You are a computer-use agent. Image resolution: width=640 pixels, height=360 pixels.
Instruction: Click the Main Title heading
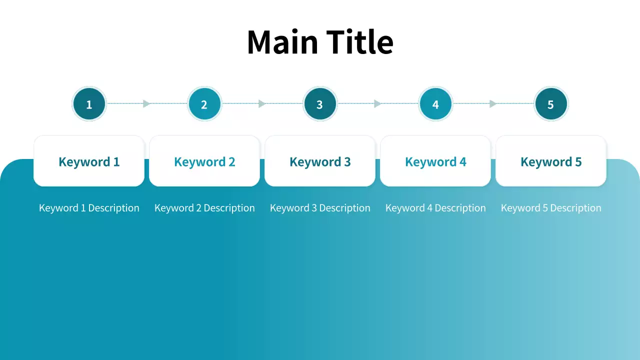[320, 41]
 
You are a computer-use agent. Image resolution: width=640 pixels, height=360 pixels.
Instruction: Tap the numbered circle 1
[89, 104]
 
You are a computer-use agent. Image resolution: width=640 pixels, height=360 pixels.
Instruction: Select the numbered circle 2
[204, 104]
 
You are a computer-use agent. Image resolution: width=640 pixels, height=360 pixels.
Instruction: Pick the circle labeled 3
[320, 104]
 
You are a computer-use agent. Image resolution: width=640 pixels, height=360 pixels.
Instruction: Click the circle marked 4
[435, 104]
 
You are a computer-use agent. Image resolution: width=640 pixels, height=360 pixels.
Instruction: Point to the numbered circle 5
[551, 104]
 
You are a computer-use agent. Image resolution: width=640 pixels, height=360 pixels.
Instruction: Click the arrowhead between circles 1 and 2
[146, 104]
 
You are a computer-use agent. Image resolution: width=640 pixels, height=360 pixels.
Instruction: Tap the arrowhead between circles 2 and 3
[262, 104]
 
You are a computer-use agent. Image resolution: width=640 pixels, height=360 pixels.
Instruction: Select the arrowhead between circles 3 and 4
[377, 104]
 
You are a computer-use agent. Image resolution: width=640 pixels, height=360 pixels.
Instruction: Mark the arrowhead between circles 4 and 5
[493, 104]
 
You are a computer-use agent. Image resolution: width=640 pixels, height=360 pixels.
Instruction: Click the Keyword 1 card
[89, 161]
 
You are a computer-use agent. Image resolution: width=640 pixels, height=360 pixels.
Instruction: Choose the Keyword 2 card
[204, 161]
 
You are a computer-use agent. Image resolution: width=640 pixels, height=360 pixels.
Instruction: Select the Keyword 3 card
[320, 161]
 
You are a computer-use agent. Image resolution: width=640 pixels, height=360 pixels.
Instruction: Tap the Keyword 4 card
[435, 161]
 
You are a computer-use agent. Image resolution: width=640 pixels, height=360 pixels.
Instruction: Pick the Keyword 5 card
[551, 161]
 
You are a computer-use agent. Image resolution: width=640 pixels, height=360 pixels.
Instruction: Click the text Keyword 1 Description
[89, 208]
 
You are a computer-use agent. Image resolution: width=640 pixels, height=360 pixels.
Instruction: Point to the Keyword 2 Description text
[204, 208]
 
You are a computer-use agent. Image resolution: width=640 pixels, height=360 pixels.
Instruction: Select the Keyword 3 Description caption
[320, 208]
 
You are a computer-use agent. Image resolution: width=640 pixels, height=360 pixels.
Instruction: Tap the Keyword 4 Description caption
[435, 208]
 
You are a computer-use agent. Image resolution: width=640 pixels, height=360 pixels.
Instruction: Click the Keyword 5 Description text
[551, 208]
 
